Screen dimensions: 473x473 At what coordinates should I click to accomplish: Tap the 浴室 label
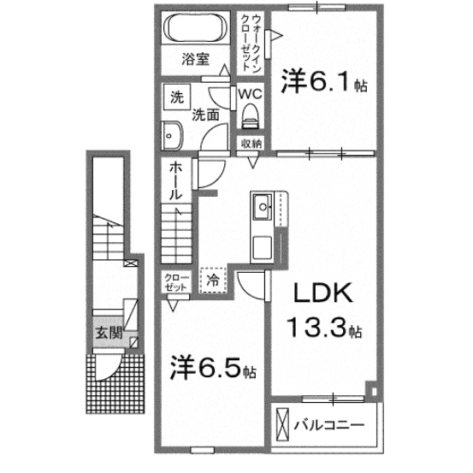click(x=196, y=60)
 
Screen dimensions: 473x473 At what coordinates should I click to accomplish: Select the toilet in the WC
click(x=250, y=114)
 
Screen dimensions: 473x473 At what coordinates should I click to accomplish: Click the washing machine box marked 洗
click(x=176, y=97)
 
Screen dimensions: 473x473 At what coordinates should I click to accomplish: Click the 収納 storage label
click(x=250, y=144)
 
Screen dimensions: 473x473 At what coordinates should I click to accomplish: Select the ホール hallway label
click(x=174, y=181)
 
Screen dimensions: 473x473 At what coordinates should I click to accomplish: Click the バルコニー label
click(x=330, y=424)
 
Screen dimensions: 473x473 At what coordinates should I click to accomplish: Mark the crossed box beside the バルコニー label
click(x=283, y=424)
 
